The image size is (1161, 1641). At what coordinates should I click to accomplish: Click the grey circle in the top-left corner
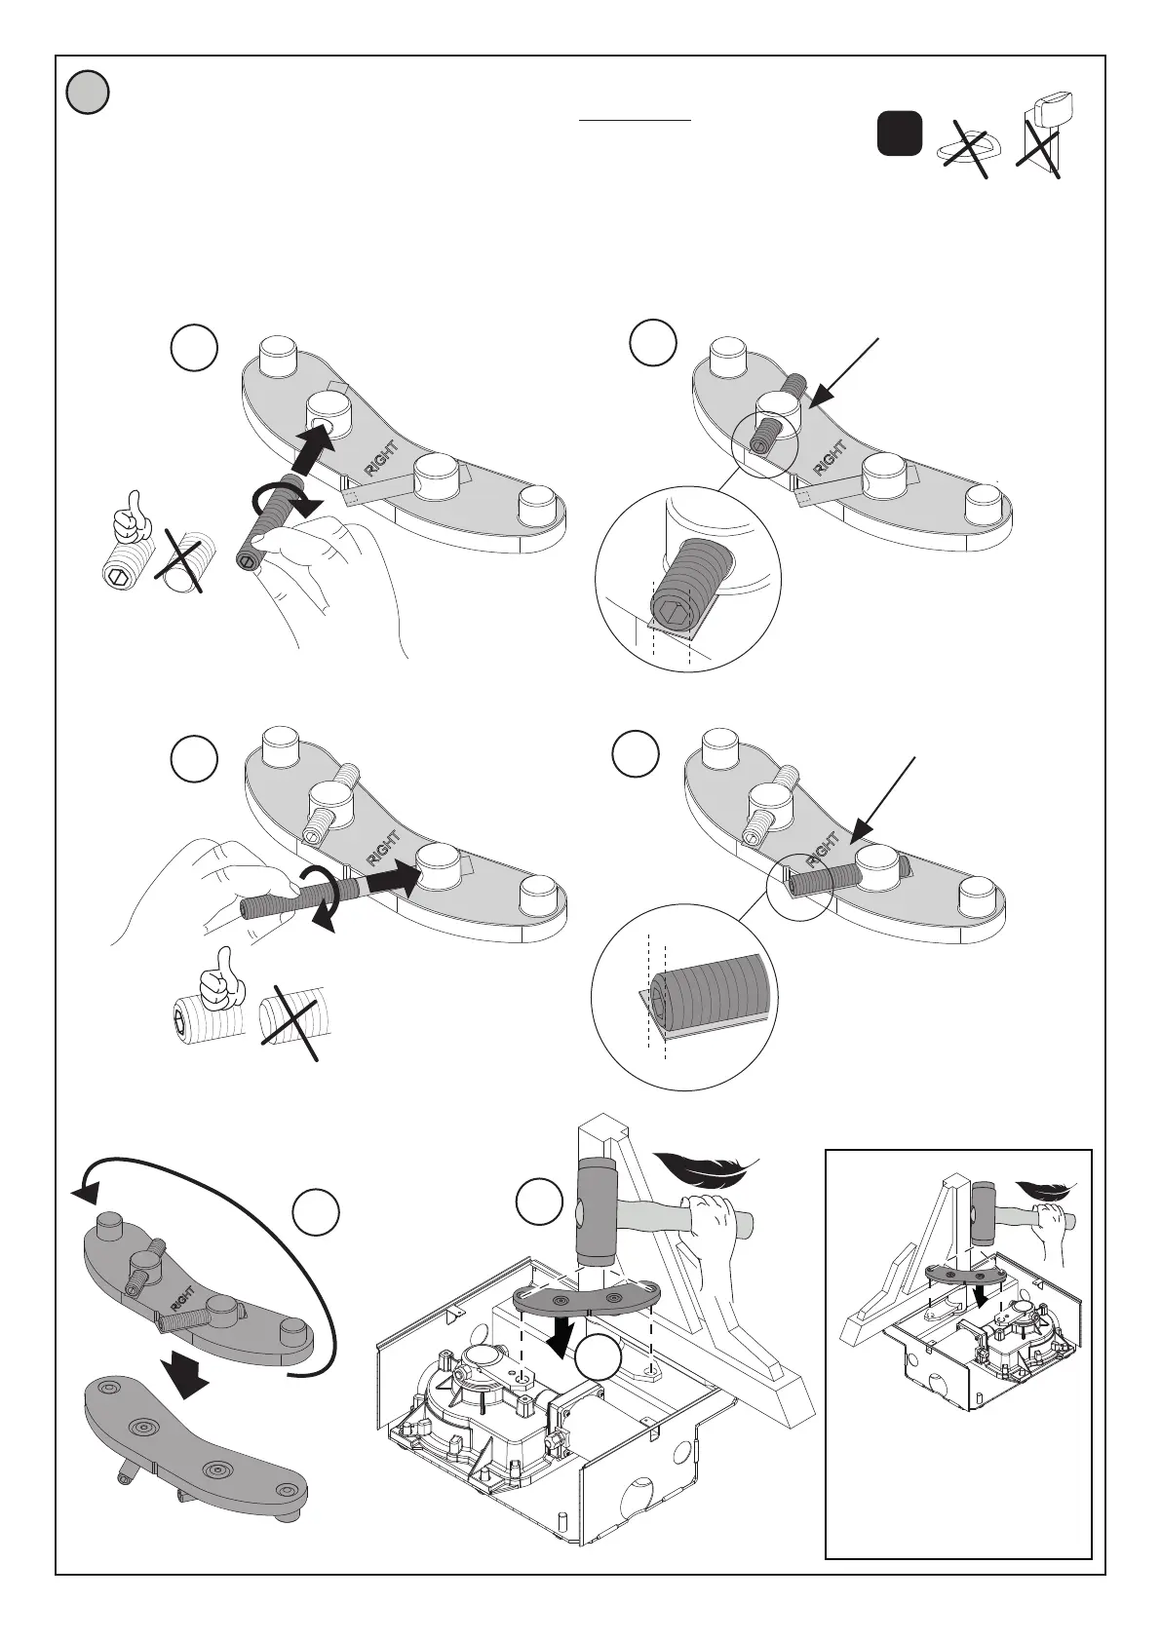coord(88,94)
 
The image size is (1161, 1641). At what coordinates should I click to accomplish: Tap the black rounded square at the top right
coord(899,134)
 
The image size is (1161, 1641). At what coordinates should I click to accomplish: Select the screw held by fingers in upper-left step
coord(270,518)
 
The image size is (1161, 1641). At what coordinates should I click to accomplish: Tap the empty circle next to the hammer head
coord(539,1202)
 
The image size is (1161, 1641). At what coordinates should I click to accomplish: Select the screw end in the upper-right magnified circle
coord(687,579)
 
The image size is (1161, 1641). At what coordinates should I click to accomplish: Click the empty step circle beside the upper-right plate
coord(652,344)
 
